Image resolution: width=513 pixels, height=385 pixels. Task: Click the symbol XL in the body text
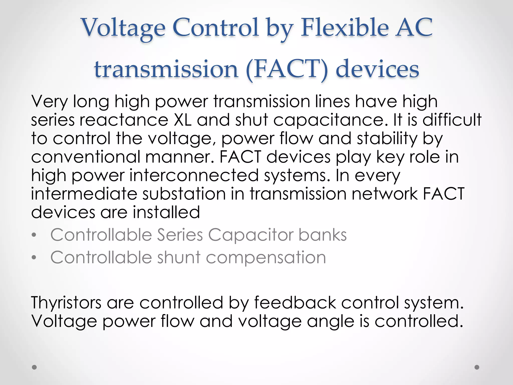[183, 120]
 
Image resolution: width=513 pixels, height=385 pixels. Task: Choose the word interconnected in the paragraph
[194, 175]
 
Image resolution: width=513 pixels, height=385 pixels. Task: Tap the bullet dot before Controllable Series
[34, 235]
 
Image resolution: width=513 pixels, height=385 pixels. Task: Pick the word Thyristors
[66, 303]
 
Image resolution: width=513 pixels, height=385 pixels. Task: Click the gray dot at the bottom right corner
[477, 367]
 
